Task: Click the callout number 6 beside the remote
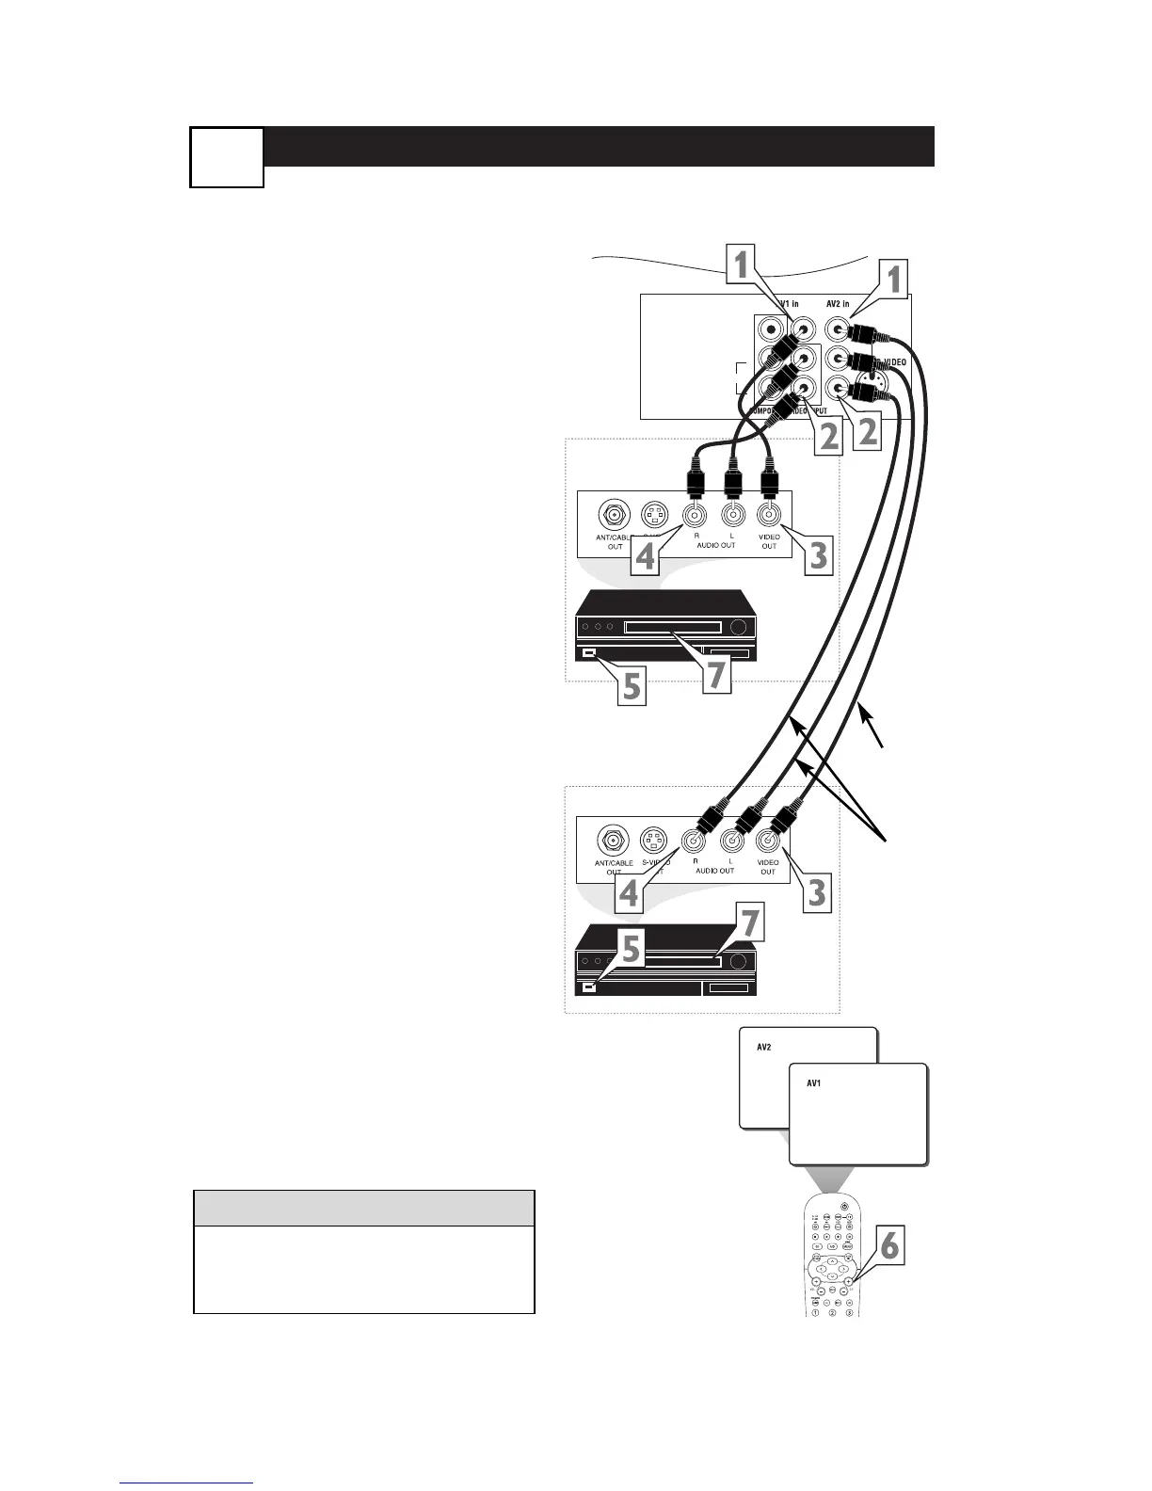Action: pyautogui.click(x=888, y=1247)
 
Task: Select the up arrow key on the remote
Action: pyautogui.click(x=832, y=1259)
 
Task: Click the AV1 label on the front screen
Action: pyautogui.click(x=814, y=1083)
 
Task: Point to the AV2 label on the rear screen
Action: pyautogui.click(x=764, y=1047)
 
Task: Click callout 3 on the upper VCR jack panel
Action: pyautogui.click(x=817, y=554)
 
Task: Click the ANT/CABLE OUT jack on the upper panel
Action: pyautogui.click(x=614, y=515)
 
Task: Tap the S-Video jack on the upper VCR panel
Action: pyautogui.click(x=654, y=515)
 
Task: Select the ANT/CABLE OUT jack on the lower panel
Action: pyautogui.click(x=614, y=840)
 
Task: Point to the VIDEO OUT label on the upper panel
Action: pyautogui.click(x=769, y=541)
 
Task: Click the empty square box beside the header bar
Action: pyautogui.click(x=227, y=156)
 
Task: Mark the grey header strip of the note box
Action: pyautogui.click(x=363, y=1208)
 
